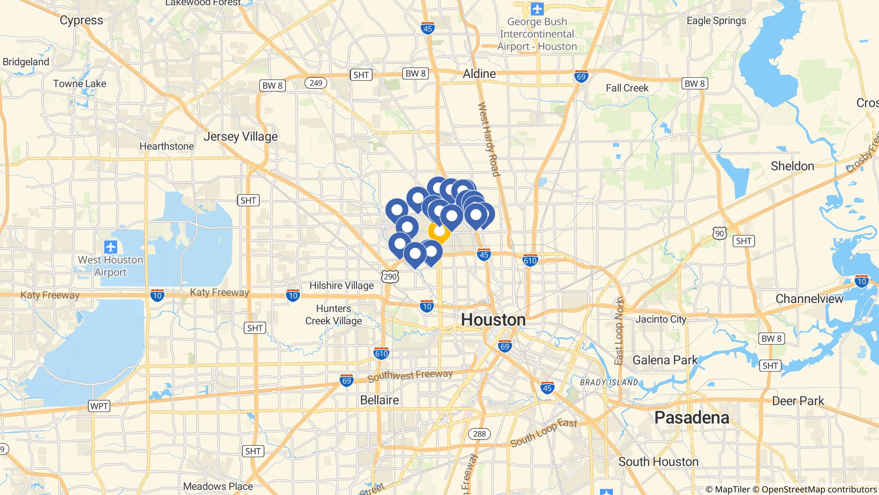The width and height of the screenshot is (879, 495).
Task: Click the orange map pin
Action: pyautogui.click(x=439, y=232)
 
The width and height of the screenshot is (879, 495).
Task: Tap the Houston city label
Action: pyautogui.click(x=493, y=320)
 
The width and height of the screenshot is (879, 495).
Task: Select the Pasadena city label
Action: pyautogui.click(x=691, y=418)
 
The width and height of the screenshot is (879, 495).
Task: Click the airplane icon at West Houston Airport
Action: pyautogui.click(x=111, y=247)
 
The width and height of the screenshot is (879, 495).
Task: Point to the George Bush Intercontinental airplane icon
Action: pyautogui.click(x=536, y=8)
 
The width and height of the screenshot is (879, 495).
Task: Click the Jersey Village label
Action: pyautogui.click(x=240, y=137)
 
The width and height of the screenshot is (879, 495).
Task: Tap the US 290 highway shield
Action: pyautogui.click(x=390, y=277)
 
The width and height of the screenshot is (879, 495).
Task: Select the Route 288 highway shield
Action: pyautogui.click(x=479, y=434)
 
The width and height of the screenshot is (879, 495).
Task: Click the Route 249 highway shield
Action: pyautogui.click(x=315, y=83)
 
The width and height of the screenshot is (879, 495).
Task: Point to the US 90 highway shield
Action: pyautogui.click(x=719, y=234)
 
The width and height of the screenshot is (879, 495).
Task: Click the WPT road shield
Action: pyautogui.click(x=99, y=406)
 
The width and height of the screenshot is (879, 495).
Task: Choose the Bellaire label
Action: pyautogui.click(x=379, y=400)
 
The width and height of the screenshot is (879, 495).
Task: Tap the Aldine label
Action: pyautogui.click(x=479, y=74)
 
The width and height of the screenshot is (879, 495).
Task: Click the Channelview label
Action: pyautogui.click(x=809, y=299)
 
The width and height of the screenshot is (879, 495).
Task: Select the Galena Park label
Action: pyautogui.click(x=665, y=360)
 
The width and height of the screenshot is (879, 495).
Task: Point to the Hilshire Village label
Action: pyautogui.click(x=341, y=285)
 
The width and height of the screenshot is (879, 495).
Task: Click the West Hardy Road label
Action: pyautogui.click(x=489, y=139)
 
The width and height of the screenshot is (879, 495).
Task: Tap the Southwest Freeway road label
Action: pyautogui.click(x=410, y=376)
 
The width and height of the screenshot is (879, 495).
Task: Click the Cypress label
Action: pyautogui.click(x=82, y=20)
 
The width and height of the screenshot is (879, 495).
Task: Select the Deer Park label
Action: pyautogui.click(x=798, y=401)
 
